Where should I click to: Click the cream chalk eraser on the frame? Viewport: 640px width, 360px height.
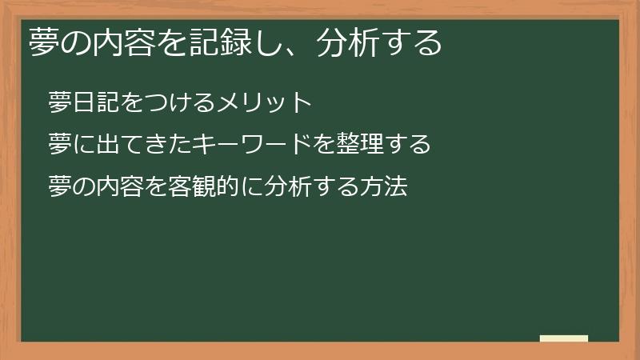coord(564,338)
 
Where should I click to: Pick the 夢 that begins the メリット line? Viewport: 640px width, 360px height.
coord(60,103)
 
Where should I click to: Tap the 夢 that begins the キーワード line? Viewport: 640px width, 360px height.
coord(60,145)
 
